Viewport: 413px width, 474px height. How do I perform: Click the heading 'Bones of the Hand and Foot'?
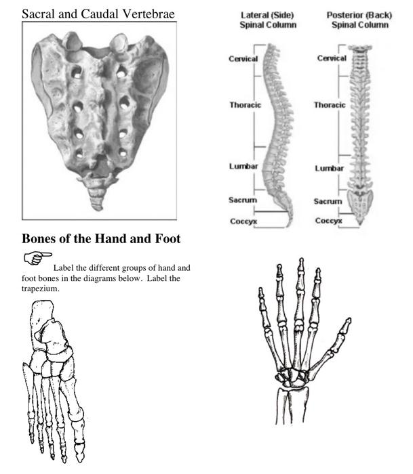(100, 238)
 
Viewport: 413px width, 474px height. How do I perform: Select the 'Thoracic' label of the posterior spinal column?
(330, 105)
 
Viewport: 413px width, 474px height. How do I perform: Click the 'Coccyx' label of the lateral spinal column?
(243, 220)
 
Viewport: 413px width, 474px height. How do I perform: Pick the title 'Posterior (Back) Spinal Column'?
(359, 20)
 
